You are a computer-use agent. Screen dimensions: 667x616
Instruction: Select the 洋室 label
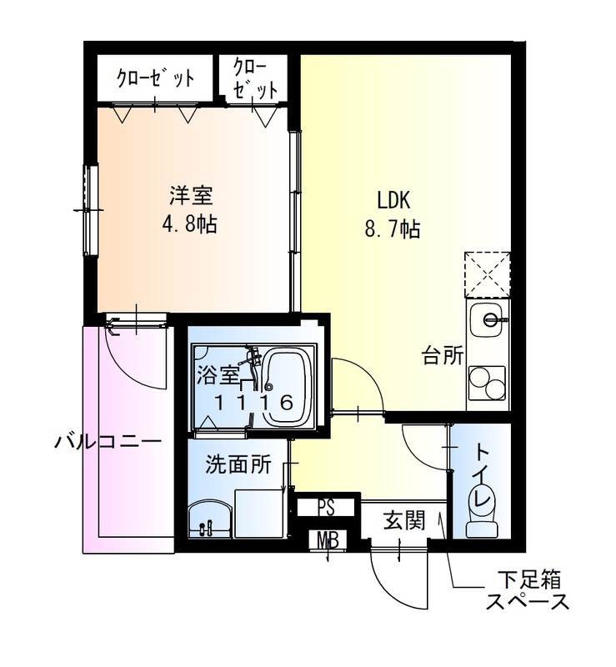[x=192, y=197]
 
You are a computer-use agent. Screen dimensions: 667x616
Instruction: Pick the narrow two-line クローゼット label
[x=253, y=79]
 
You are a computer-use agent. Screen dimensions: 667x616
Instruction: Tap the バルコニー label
[x=108, y=441]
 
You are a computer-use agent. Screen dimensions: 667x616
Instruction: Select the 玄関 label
[x=404, y=522]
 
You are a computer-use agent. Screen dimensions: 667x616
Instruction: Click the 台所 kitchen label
[x=442, y=356]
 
